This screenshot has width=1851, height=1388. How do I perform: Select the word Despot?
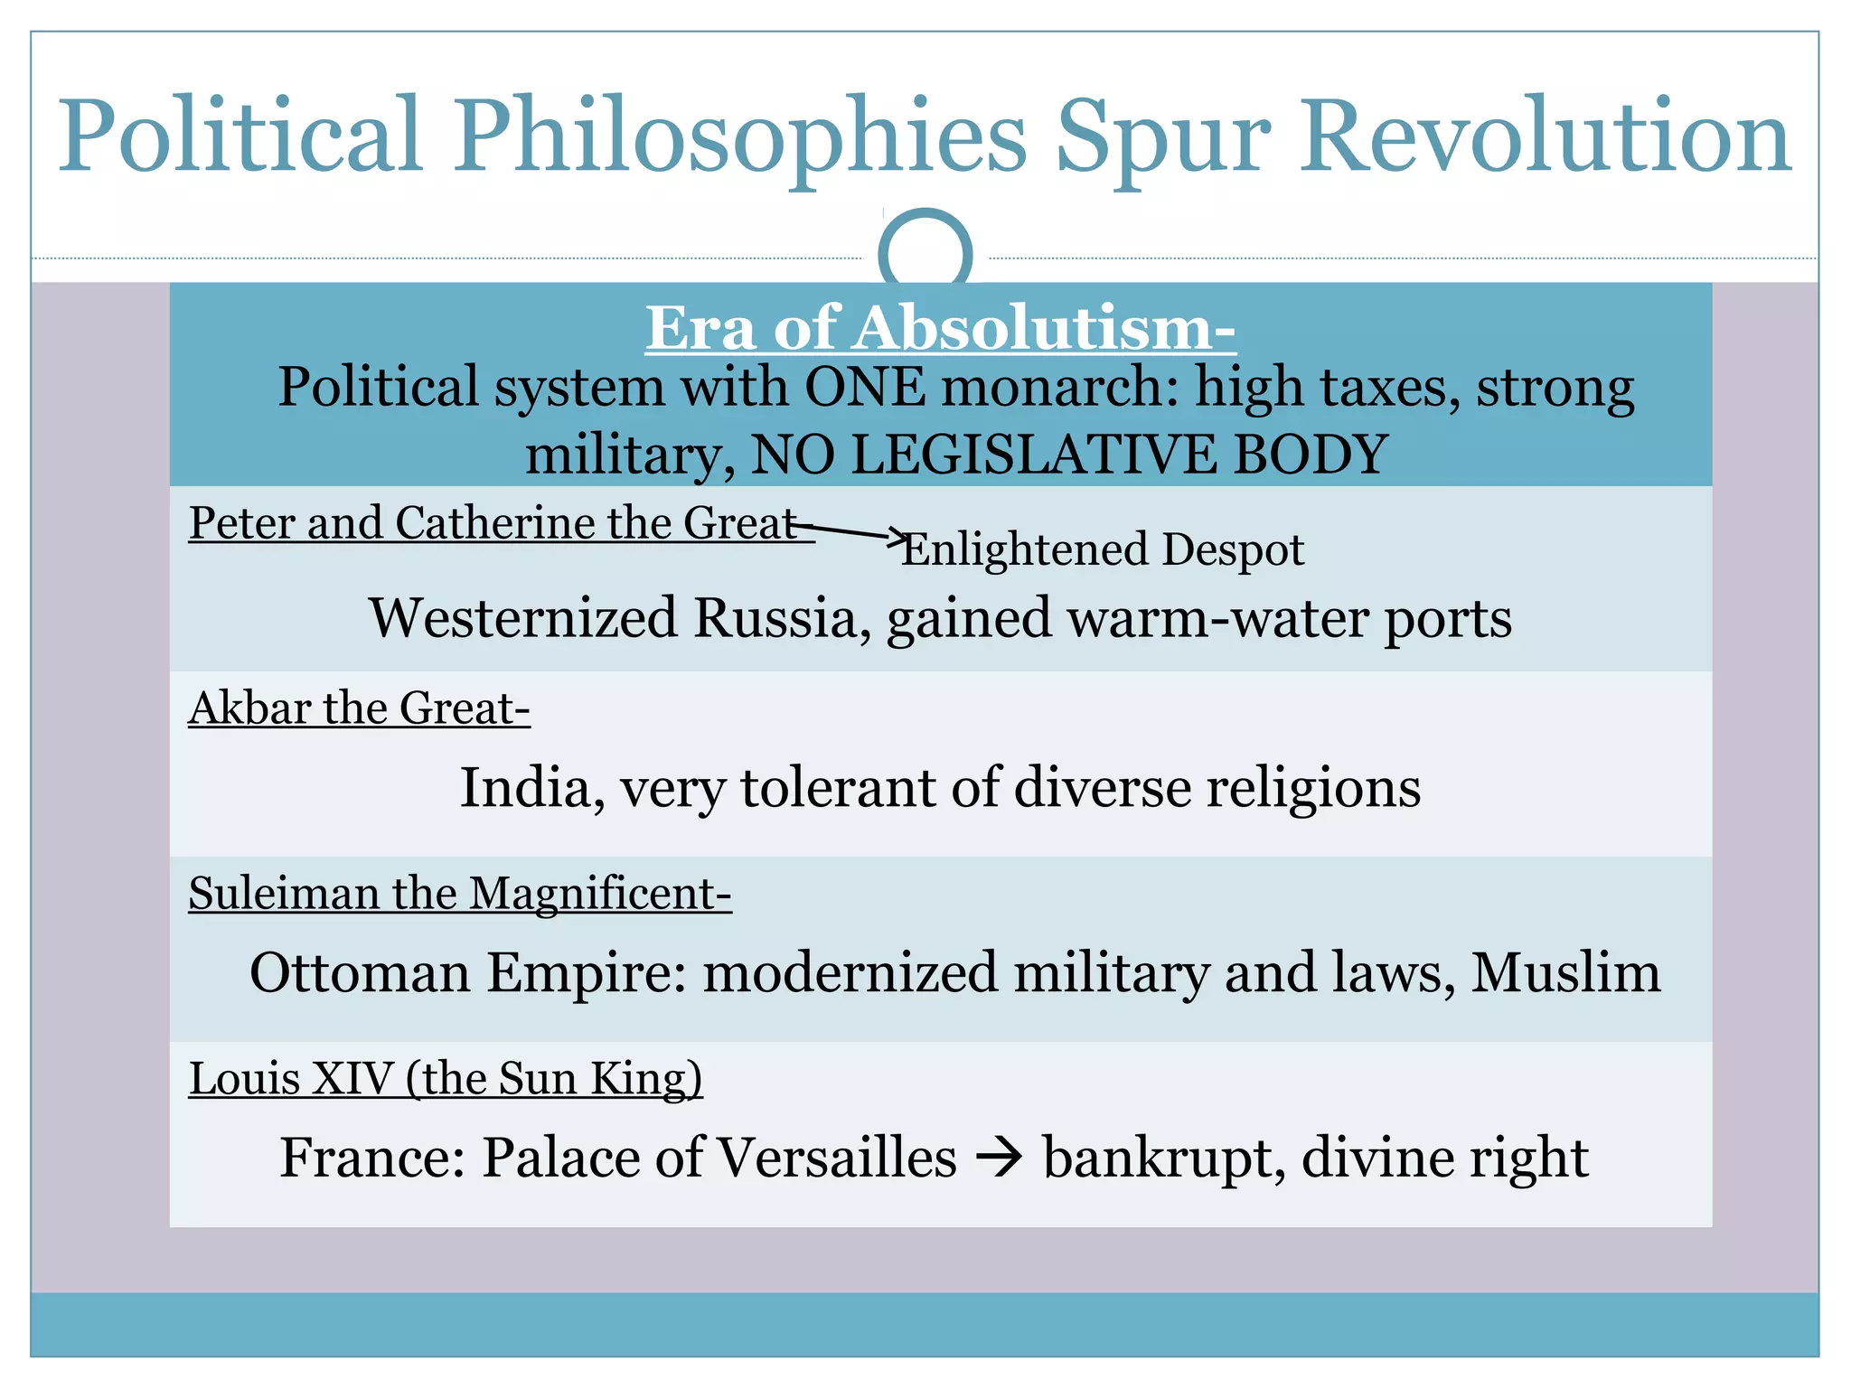coord(1233,549)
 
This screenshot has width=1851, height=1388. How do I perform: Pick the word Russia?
coord(775,618)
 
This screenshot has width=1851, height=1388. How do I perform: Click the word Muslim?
coord(1565,972)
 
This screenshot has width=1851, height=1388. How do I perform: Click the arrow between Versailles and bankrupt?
coord(1000,1158)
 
